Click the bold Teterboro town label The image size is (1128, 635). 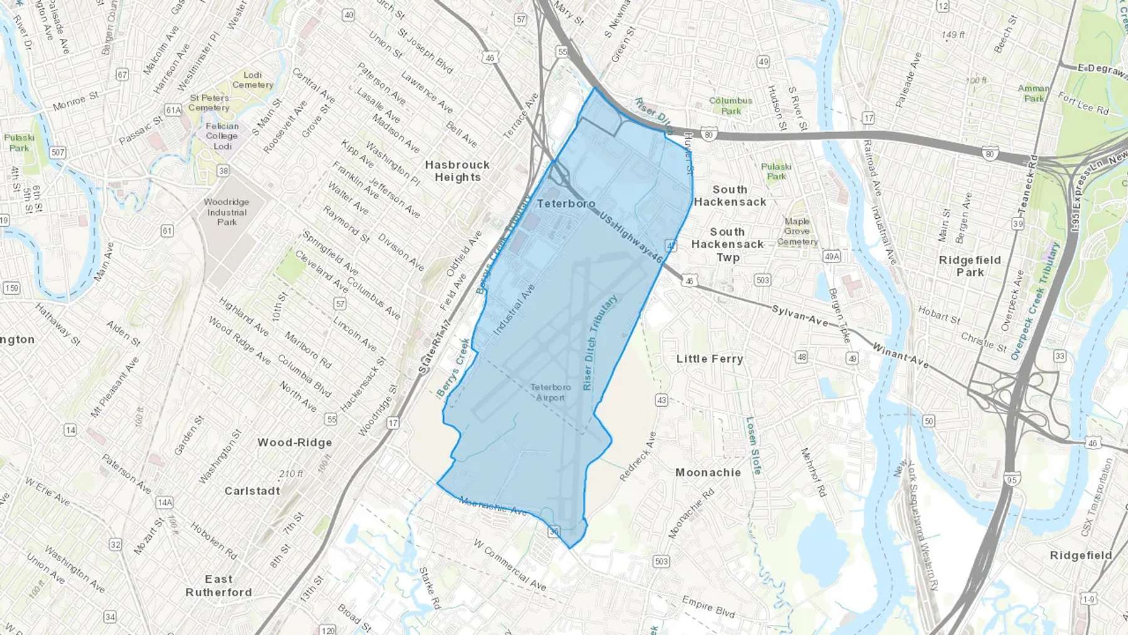click(x=566, y=204)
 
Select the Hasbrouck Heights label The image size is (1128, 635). click(x=457, y=171)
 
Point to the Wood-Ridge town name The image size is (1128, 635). click(x=295, y=443)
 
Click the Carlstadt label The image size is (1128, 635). click(x=252, y=491)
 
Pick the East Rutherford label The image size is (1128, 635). click(x=219, y=585)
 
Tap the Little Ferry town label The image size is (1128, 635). click(x=709, y=359)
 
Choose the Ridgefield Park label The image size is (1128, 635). click(x=969, y=266)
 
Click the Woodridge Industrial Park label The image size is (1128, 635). click(x=226, y=212)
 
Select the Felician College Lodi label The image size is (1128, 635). click(x=222, y=136)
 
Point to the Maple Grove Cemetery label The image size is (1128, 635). click(x=797, y=231)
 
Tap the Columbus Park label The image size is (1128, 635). click(x=731, y=105)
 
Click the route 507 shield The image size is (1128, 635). click(x=58, y=152)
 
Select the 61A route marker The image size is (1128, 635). click(x=173, y=110)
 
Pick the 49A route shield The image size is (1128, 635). click(x=832, y=256)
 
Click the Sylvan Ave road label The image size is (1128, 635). click(x=800, y=315)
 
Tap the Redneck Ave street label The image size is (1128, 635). click(x=638, y=456)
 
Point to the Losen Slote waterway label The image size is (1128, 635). click(x=753, y=445)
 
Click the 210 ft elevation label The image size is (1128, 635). click(x=291, y=474)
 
